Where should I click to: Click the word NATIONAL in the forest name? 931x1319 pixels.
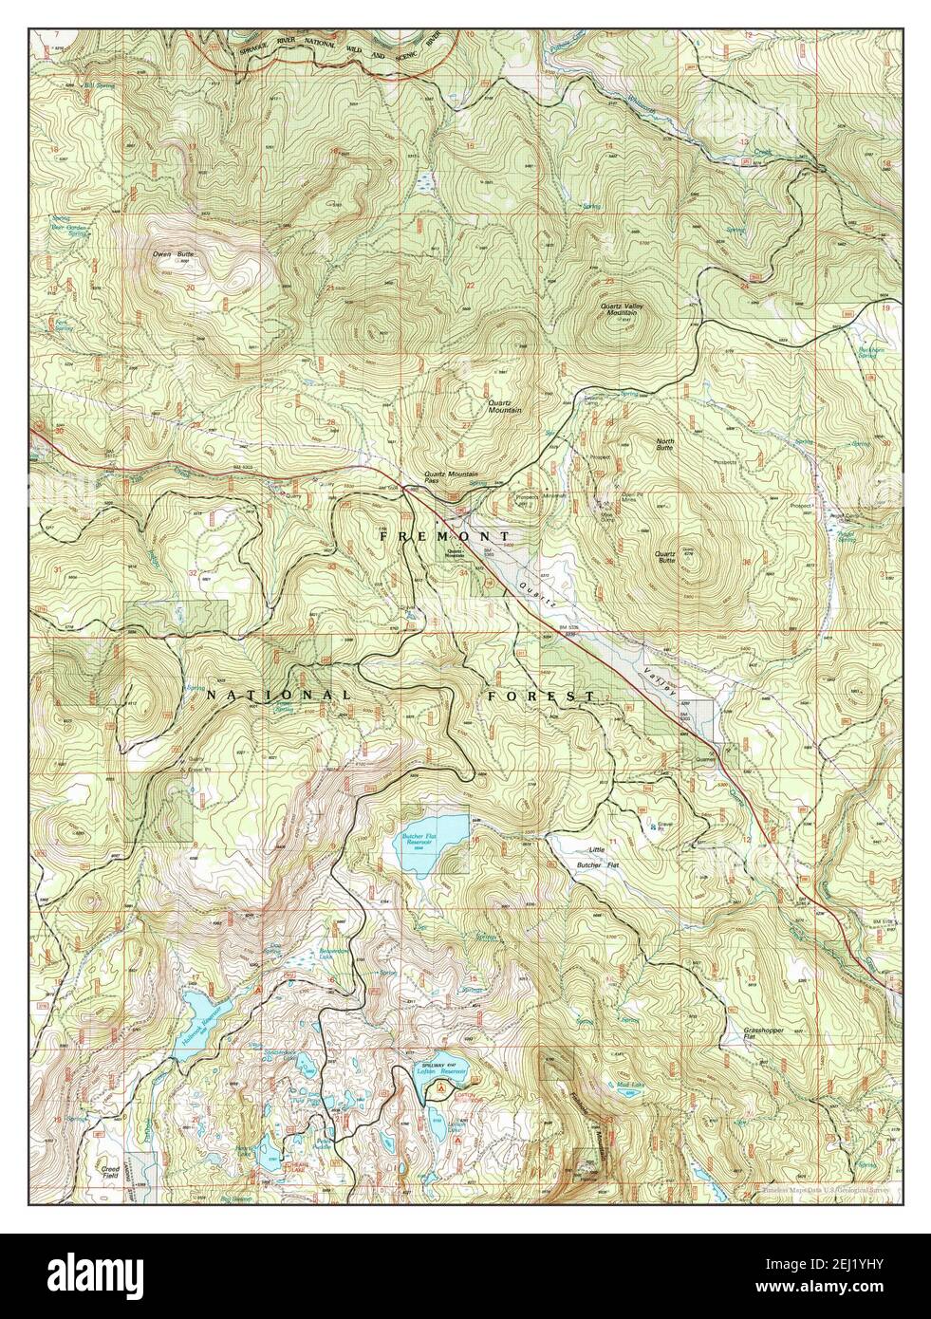(278, 696)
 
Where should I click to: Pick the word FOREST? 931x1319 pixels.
(541, 697)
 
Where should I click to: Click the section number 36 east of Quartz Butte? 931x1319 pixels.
(747, 564)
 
